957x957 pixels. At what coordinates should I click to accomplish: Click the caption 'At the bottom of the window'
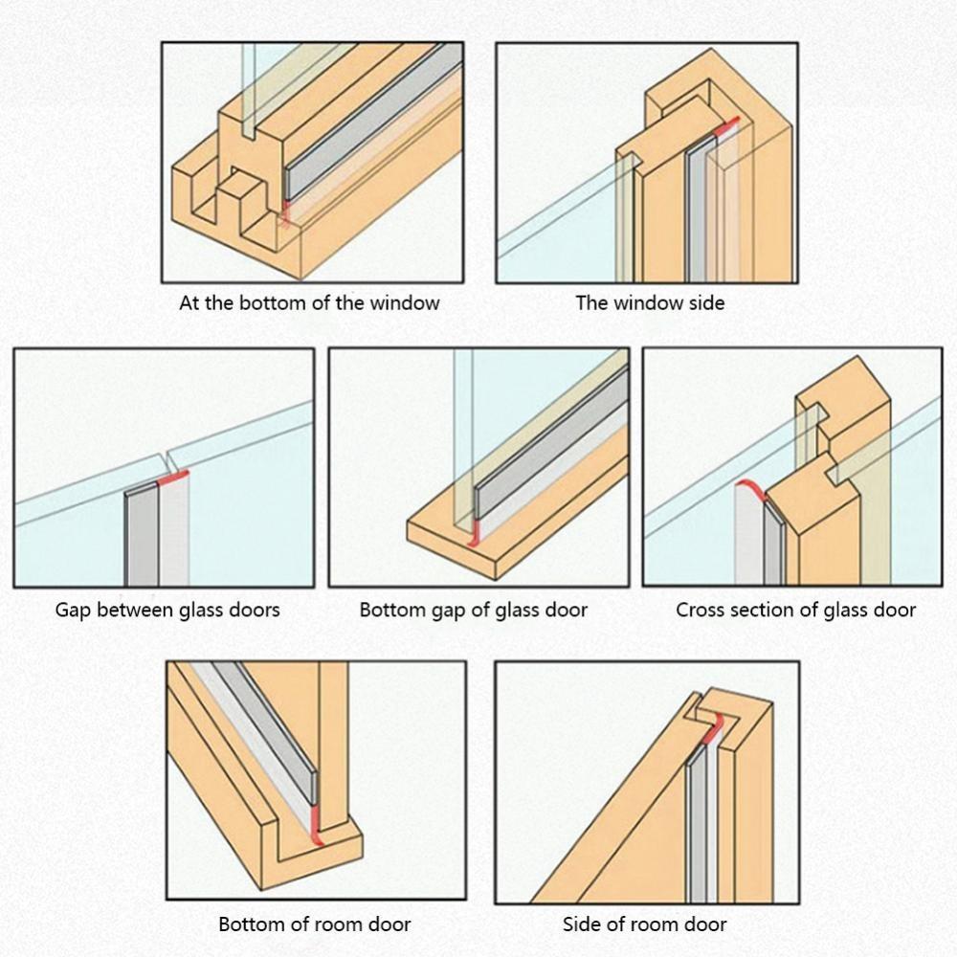(x=309, y=303)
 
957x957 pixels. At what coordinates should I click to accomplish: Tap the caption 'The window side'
(x=650, y=303)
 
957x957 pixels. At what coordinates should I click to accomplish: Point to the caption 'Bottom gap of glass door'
(x=474, y=610)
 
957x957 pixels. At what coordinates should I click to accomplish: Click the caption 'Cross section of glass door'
(x=795, y=610)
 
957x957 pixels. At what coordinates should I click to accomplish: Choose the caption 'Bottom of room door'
(x=315, y=924)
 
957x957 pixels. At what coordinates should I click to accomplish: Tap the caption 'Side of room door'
(x=644, y=924)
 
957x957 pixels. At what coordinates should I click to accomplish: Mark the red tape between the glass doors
(x=174, y=476)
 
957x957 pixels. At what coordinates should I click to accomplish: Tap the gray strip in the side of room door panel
(x=698, y=823)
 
